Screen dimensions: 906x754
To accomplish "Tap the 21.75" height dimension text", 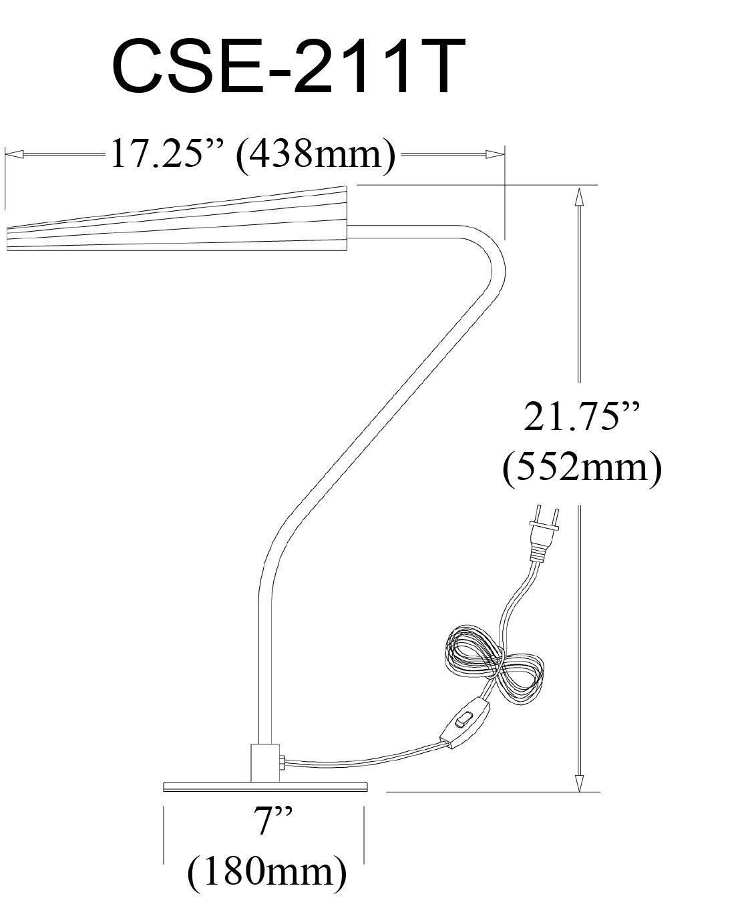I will [x=580, y=419].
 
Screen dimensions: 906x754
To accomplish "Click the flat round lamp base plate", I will [x=265, y=786].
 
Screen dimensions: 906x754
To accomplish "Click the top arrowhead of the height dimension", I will [x=579, y=196].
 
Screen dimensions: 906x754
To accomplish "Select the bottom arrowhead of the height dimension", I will [x=579, y=782].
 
